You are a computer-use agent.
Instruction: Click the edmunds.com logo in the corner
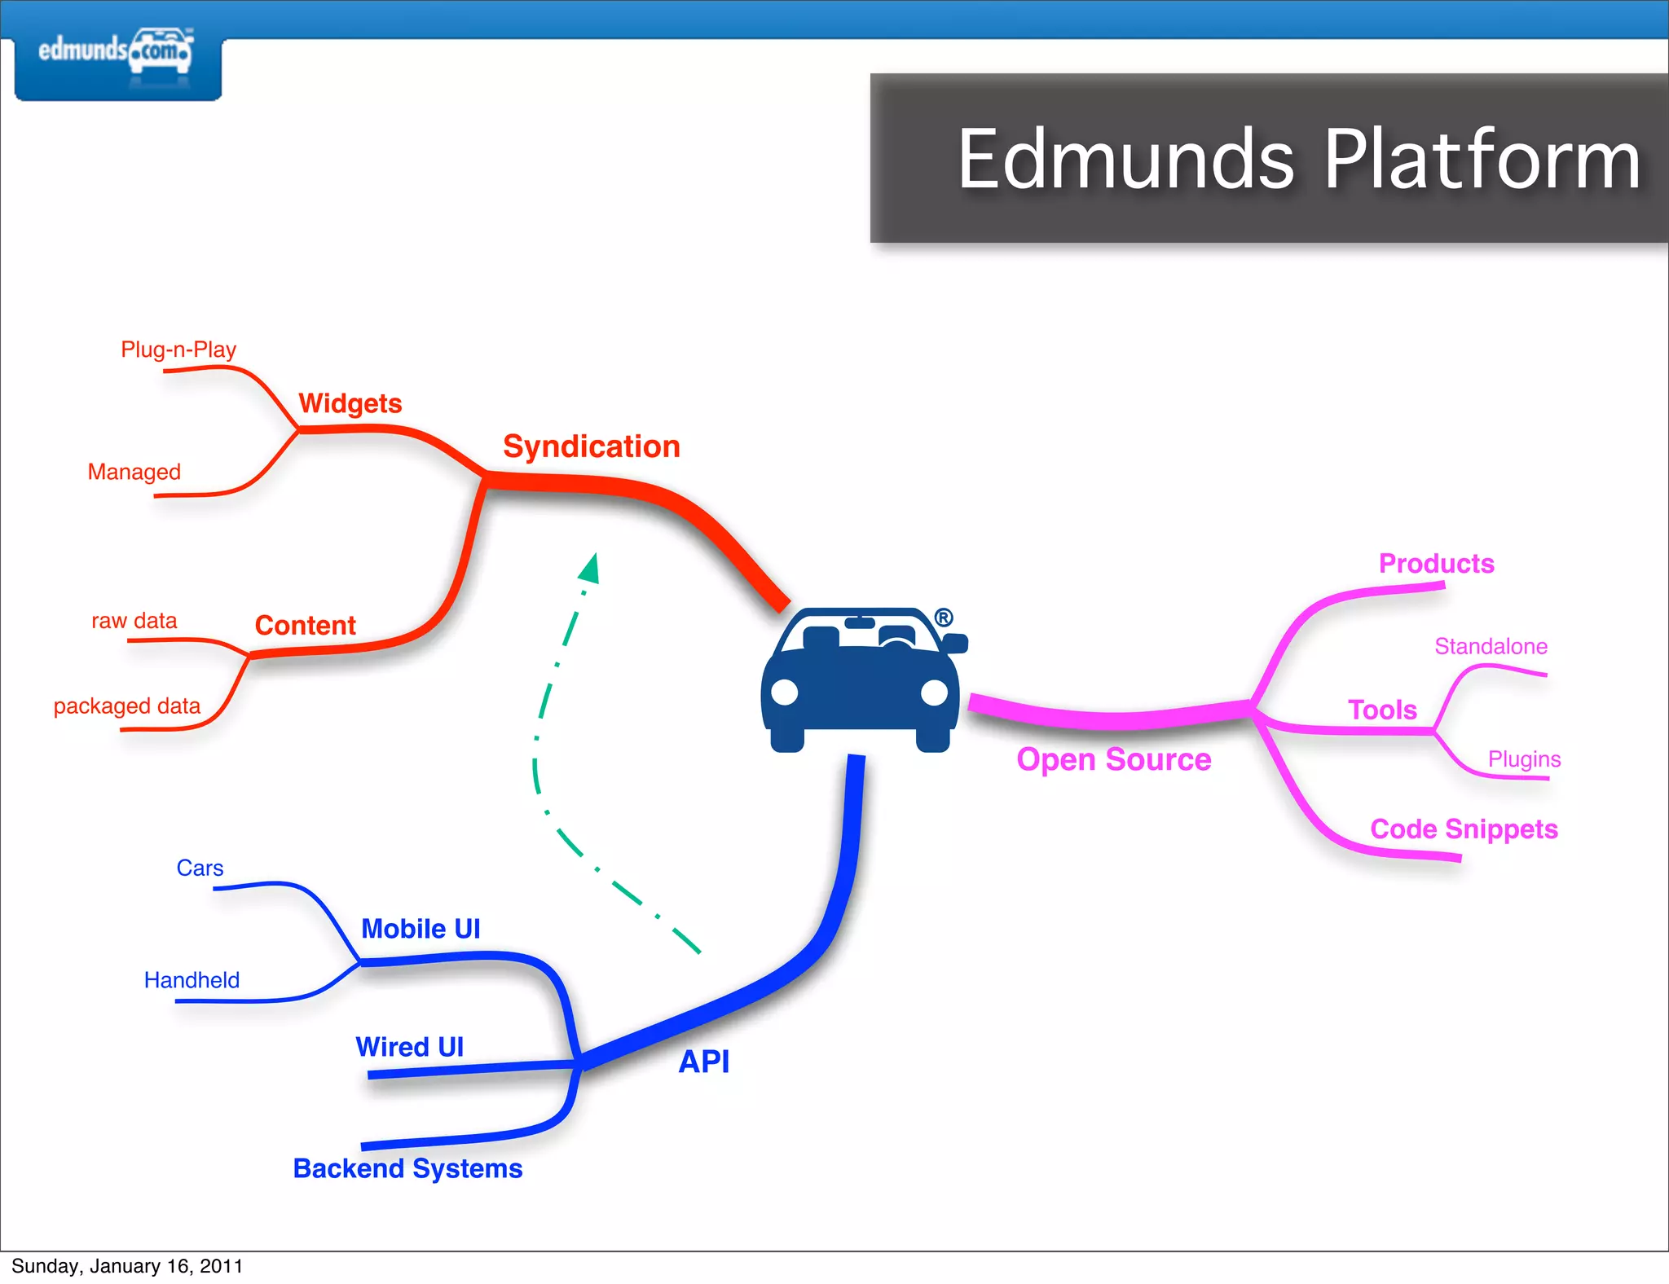click(117, 53)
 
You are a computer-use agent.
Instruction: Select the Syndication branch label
click(591, 446)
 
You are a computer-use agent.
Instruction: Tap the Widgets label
click(350, 403)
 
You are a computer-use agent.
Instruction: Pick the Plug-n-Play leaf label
click(178, 350)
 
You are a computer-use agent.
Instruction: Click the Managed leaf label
click(134, 472)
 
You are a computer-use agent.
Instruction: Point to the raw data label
click(134, 621)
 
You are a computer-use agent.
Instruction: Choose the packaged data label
click(126, 706)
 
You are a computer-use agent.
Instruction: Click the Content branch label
click(305, 625)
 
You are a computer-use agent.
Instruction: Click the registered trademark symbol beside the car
click(943, 618)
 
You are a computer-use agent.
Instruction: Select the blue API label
click(704, 1062)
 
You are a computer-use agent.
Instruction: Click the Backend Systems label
click(407, 1168)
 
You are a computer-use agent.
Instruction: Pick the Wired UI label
click(409, 1047)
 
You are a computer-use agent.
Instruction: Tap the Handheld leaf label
click(192, 980)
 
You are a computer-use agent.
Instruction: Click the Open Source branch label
click(1113, 759)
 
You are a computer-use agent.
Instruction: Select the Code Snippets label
click(1464, 829)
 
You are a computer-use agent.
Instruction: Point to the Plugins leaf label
click(1524, 759)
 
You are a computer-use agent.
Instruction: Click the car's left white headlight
click(784, 693)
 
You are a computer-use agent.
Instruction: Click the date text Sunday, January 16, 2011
click(127, 1266)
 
